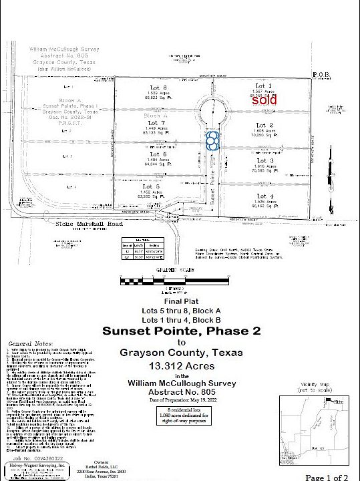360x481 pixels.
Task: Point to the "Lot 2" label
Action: [265, 125]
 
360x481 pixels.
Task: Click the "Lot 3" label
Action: [265, 160]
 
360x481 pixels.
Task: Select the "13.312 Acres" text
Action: [178, 365]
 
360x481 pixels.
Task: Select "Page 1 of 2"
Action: [327, 477]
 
